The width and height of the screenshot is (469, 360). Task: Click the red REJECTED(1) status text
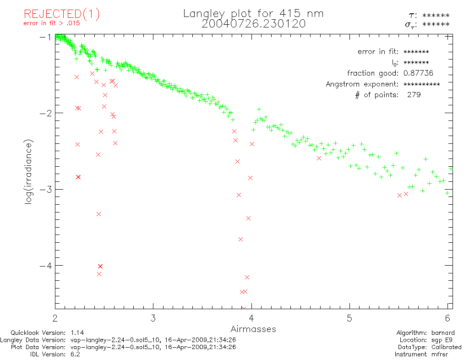pyautogui.click(x=62, y=14)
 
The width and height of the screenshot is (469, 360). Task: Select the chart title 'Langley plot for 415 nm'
pyautogui.click(x=253, y=14)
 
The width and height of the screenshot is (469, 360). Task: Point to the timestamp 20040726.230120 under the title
pyautogui.click(x=253, y=24)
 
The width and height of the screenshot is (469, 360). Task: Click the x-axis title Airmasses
pyautogui.click(x=253, y=329)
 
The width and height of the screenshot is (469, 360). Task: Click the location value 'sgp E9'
pyautogui.click(x=442, y=340)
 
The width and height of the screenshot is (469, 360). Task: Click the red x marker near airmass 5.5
pyautogui.click(x=399, y=195)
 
